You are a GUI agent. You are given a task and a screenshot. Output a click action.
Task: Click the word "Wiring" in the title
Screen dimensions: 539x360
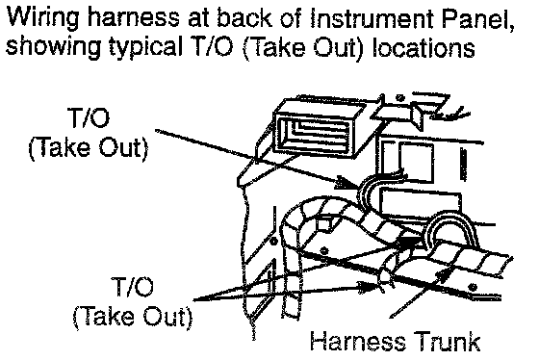42,17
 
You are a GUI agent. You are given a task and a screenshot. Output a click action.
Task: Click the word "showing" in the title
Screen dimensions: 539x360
53,47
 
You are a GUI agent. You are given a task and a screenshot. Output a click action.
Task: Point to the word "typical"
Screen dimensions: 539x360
146,48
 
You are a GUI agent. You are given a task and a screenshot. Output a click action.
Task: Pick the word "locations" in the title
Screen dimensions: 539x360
423,47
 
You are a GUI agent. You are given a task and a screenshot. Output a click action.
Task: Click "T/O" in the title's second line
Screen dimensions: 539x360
211,47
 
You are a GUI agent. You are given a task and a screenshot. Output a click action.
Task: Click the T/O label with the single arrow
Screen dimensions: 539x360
90,116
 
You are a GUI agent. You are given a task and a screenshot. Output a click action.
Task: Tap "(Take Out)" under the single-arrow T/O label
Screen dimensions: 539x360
88,148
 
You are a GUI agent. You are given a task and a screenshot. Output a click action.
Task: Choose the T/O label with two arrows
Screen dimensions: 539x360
133,286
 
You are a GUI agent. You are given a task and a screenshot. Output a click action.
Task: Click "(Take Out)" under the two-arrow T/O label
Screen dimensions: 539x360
133,317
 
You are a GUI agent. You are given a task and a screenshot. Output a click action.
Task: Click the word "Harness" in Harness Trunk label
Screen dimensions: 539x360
357,341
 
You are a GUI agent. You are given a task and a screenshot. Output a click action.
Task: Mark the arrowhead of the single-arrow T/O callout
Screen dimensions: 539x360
347,183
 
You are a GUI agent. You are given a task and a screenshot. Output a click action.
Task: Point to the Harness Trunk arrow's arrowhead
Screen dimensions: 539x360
444,273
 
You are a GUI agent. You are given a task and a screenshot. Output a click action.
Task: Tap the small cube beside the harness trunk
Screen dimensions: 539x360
324,223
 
